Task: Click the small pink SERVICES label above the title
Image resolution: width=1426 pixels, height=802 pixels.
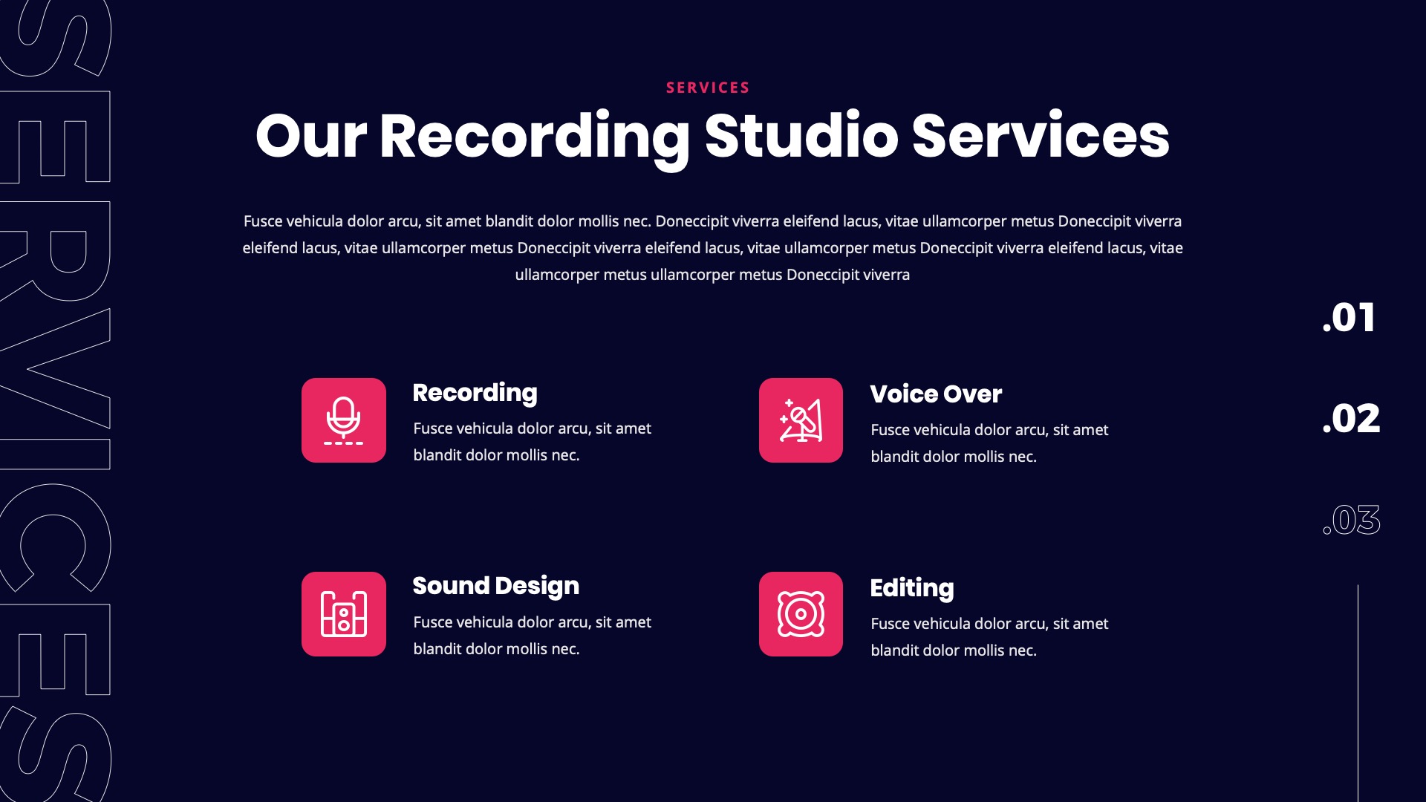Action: (x=708, y=88)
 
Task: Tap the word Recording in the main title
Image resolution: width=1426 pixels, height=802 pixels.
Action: (x=535, y=137)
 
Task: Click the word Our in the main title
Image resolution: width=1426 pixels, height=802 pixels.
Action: (x=310, y=137)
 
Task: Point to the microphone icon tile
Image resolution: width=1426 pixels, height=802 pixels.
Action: (x=344, y=420)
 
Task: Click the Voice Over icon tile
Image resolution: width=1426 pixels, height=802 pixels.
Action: (x=801, y=420)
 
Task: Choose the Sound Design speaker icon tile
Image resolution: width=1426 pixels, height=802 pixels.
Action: (x=344, y=614)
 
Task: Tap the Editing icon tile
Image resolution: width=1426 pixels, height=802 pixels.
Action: (x=801, y=614)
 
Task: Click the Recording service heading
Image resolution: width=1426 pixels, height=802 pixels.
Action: (x=475, y=393)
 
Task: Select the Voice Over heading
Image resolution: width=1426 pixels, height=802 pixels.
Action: (x=936, y=394)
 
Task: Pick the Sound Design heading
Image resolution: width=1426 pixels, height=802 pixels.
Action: (x=495, y=586)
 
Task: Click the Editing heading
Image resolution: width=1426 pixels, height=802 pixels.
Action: (x=912, y=588)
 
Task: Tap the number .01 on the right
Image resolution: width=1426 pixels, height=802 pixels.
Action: (x=1349, y=318)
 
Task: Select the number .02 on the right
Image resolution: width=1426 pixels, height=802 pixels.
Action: (x=1351, y=419)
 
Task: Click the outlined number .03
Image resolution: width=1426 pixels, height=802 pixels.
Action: (x=1351, y=520)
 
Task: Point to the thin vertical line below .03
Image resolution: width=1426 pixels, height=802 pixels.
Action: (x=1358, y=691)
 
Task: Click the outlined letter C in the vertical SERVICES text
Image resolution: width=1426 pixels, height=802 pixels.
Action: (x=56, y=538)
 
